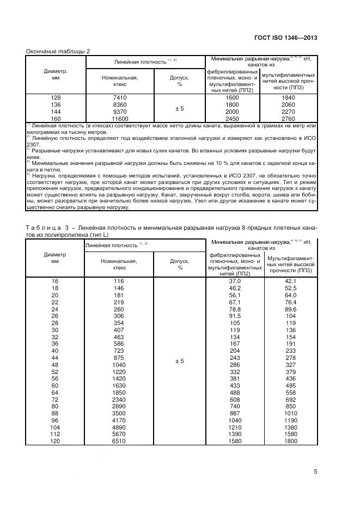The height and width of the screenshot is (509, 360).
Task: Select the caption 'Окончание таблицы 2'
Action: (58, 51)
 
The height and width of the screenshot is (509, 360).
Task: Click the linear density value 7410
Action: (119, 97)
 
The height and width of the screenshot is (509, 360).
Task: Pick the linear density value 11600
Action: (119, 118)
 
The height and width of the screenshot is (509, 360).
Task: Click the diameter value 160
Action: (56, 118)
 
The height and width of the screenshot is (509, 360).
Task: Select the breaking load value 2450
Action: (232, 118)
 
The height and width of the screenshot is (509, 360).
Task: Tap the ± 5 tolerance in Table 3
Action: (179, 361)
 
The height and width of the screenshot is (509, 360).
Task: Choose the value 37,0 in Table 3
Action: (234, 281)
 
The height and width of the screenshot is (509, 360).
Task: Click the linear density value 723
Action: (119, 352)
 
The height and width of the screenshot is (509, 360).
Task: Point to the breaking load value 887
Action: (234, 413)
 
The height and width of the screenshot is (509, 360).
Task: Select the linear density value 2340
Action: (119, 399)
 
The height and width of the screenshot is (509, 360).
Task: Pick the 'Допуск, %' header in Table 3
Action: (179, 264)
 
